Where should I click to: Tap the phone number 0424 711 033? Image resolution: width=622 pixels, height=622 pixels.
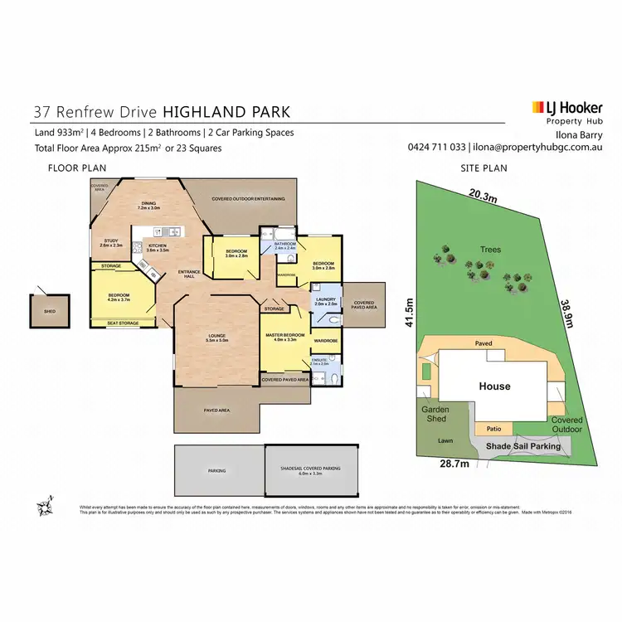tap(436, 148)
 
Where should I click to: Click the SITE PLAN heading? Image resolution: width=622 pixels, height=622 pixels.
tap(484, 168)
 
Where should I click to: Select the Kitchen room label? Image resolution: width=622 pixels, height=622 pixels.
tap(158, 247)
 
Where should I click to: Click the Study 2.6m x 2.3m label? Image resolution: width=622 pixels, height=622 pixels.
tap(111, 244)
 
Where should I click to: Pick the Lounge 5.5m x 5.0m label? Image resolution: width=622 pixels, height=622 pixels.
tap(217, 338)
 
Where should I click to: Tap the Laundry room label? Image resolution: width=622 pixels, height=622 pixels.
tap(326, 304)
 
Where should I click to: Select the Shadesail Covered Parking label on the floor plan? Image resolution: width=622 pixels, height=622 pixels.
tap(312, 469)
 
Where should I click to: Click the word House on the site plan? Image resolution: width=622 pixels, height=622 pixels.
tap(494, 386)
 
